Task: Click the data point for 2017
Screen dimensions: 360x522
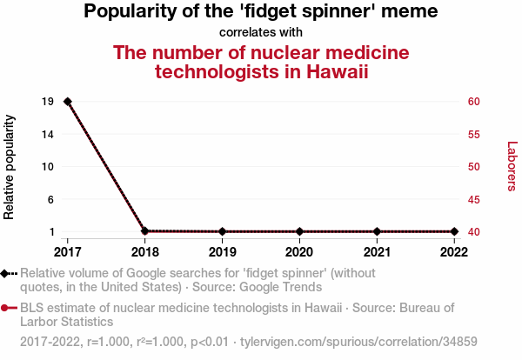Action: tap(68, 102)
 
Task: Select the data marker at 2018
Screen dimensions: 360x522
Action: tap(144, 231)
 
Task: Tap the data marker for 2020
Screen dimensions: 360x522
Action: tap(299, 231)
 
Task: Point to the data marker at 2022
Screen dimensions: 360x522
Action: tap(454, 231)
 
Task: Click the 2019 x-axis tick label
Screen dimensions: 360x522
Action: tap(222, 252)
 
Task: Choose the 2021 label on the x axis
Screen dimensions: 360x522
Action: tap(377, 252)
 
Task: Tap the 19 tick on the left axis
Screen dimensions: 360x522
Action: tap(49, 102)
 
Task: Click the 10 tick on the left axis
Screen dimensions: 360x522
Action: tap(49, 167)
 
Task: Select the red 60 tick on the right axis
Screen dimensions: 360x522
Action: tap(474, 102)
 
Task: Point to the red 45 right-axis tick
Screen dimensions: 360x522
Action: tap(474, 199)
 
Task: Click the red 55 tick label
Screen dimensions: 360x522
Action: tap(474, 134)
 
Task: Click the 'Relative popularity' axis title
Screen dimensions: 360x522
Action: tap(10, 166)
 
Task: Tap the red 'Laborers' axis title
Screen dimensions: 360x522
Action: tap(512, 166)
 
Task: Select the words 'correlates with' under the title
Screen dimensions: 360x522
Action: tap(261, 33)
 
